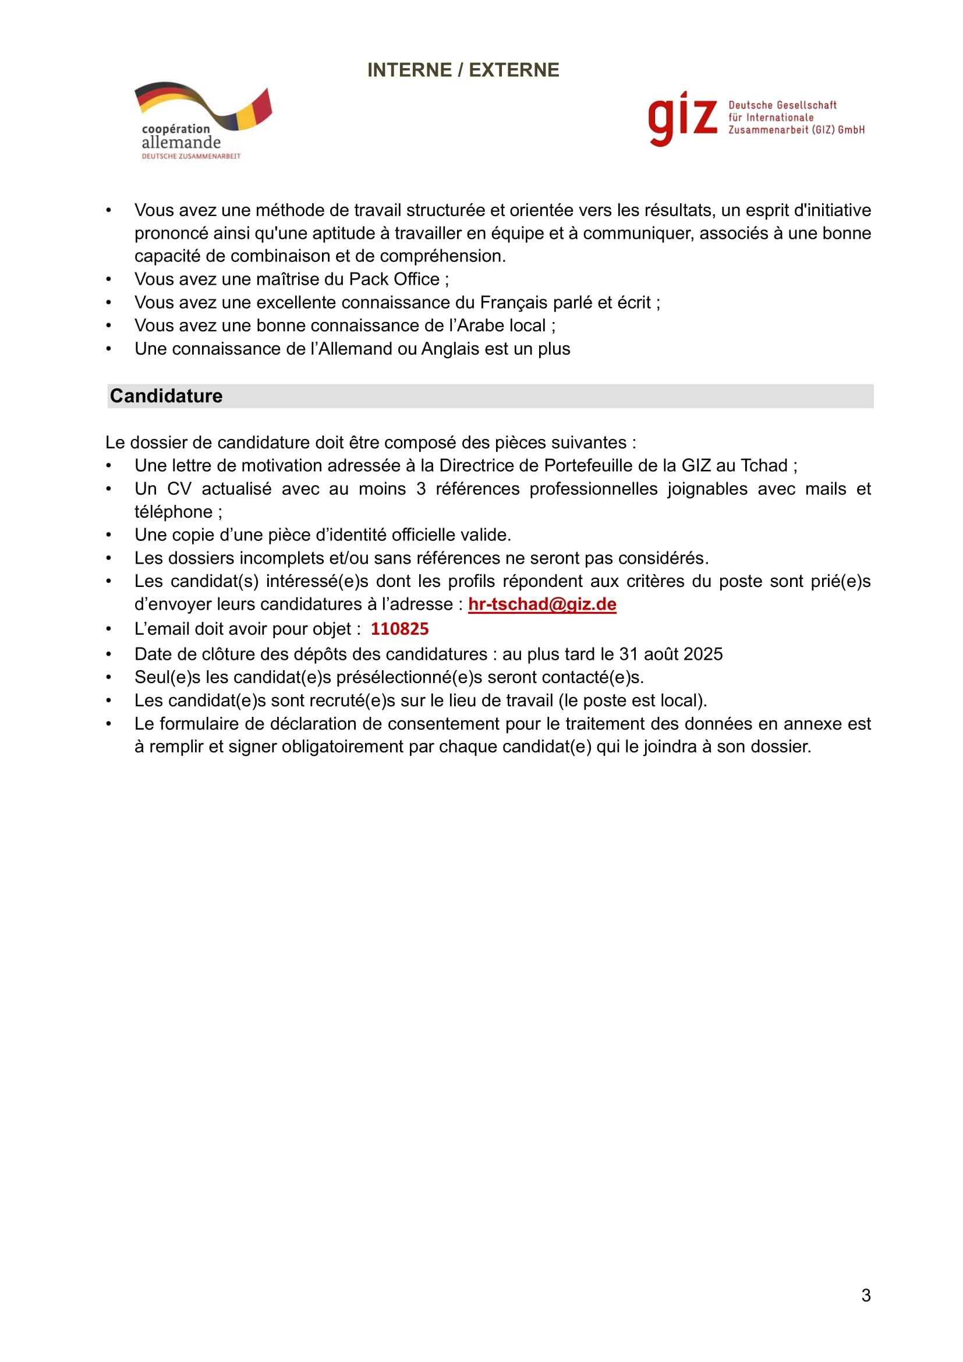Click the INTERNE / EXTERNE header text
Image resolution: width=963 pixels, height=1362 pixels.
pos(463,70)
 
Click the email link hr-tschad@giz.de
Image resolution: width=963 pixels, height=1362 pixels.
pos(542,604)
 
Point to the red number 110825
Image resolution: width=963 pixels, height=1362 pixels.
pos(399,629)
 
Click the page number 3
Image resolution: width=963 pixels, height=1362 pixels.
pos(866,1295)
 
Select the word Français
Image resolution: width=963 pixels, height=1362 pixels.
pos(514,303)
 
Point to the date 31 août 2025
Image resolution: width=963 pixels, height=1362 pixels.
pos(671,654)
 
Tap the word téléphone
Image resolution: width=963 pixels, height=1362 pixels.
pos(173,512)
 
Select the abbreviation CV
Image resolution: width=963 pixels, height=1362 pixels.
pos(179,489)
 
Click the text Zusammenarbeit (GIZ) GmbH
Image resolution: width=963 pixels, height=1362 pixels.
pos(796,130)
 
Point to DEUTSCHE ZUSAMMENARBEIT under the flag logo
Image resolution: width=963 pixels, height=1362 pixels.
pos(191,156)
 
